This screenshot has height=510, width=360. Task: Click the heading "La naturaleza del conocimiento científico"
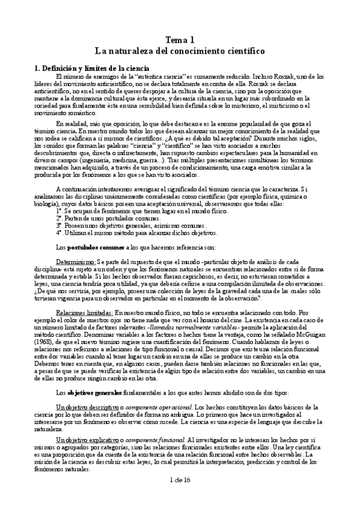coord(180,52)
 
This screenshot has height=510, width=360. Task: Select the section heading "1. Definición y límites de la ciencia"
coord(84,69)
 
